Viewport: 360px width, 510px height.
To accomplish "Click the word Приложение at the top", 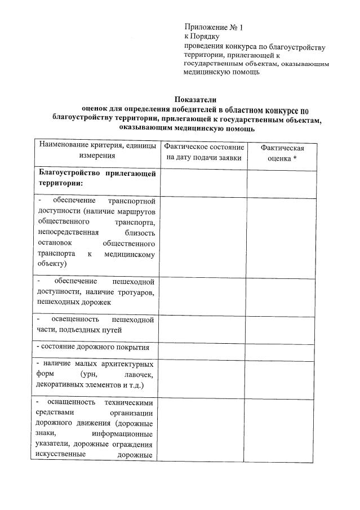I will tap(205, 27).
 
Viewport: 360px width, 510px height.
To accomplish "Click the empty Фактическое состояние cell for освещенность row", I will tap(202, 325).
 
